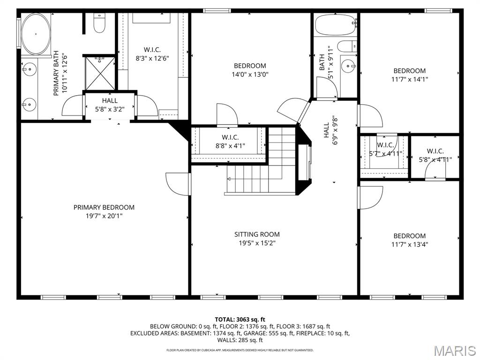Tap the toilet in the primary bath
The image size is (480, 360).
(x=99, y=23)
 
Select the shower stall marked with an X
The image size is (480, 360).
(x=99, y=73)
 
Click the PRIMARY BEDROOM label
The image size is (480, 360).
(x=104, y=207)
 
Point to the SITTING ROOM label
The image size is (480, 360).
(x=257, y=234)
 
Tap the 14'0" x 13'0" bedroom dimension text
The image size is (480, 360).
(x=250, y=75)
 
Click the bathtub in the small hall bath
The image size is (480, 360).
(x=335, y=25)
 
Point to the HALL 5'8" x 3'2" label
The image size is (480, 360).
(x=110, y=105)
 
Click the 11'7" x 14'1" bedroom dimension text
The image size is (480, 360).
(x=409, y=79)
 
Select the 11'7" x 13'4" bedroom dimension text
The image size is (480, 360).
(x=409, y=244)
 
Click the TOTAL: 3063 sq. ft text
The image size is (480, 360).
(x=240, y=320)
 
